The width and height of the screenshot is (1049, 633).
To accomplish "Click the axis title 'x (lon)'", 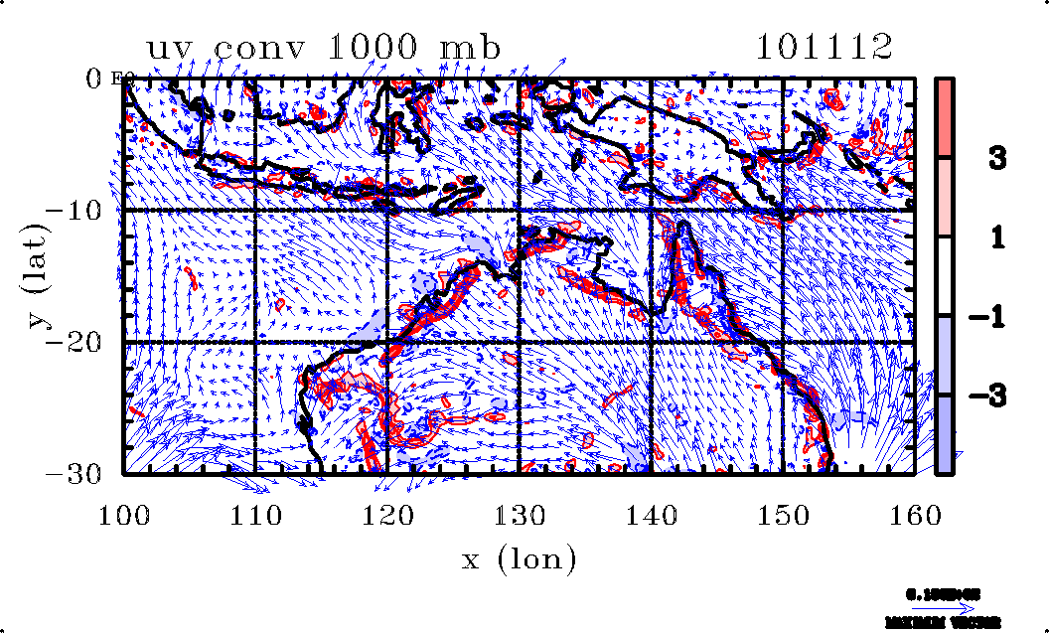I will tap(519, 559).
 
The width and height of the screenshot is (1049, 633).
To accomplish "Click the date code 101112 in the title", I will tap(824, 47).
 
